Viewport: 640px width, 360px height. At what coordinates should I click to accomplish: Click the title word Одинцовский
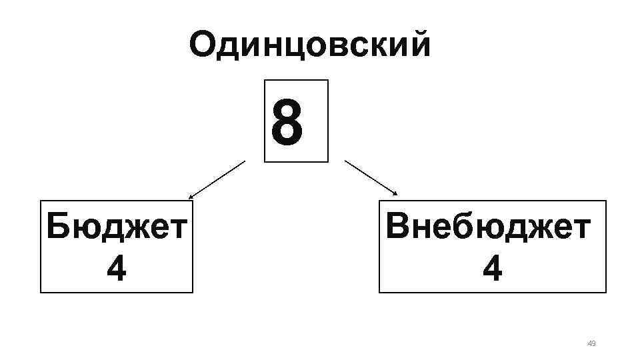pyautogui.click(x=310, y=45)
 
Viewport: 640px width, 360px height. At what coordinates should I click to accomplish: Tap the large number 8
pyautogui.click(x=287, y=122)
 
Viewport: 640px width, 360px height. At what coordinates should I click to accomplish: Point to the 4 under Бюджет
pyautogui.click(x=116, y=269)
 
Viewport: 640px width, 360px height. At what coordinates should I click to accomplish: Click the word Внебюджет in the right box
pyautogui.click(x=489, y=227)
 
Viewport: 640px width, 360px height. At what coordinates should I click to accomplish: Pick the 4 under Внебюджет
pyautogui.click(x=493, y=269)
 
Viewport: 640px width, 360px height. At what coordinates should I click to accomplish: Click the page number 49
pyautogui.click(x=591, y=343)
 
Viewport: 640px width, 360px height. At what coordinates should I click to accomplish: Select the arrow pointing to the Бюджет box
pyautogui.click(x=217, y=180)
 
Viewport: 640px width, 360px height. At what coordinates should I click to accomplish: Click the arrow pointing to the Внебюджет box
pyautogui.click(x=371, y=178)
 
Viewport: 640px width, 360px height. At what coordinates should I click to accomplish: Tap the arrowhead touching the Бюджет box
pyautogui.click(x=191, y=197)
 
